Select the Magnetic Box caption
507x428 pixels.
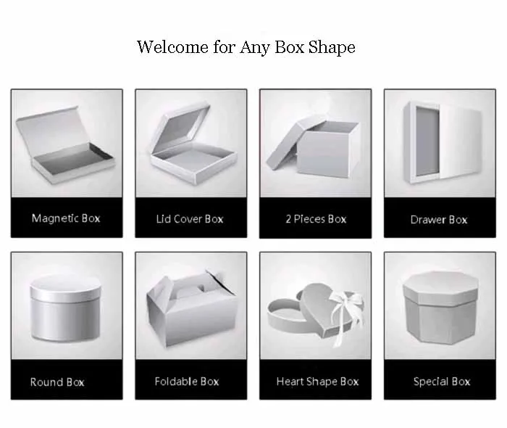67,218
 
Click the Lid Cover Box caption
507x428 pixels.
190,218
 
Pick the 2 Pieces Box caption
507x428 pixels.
316,218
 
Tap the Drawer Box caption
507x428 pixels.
439,219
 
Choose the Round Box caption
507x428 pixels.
57,382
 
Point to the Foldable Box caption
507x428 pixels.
187,381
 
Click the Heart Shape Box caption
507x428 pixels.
317,381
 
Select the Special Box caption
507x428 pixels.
442,381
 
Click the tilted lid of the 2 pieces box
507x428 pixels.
288,149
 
